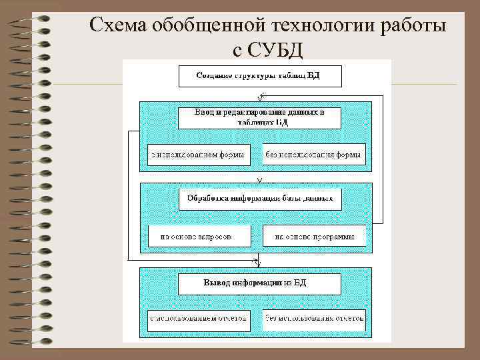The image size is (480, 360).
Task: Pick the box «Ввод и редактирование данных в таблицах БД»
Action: [x=259, y=118]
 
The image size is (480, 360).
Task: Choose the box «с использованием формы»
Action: [x=196, y=155]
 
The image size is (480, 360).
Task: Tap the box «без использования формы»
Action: [x=313, y=155]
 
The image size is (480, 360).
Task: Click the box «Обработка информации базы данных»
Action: [x=259, y=199]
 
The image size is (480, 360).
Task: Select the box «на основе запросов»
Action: [x=199, y=236]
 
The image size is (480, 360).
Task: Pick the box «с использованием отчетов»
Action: [x=199, y=319]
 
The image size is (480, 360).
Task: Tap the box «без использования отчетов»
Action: [x=313, y=319]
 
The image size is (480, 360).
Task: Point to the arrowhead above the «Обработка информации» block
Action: [x=259, y=179]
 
